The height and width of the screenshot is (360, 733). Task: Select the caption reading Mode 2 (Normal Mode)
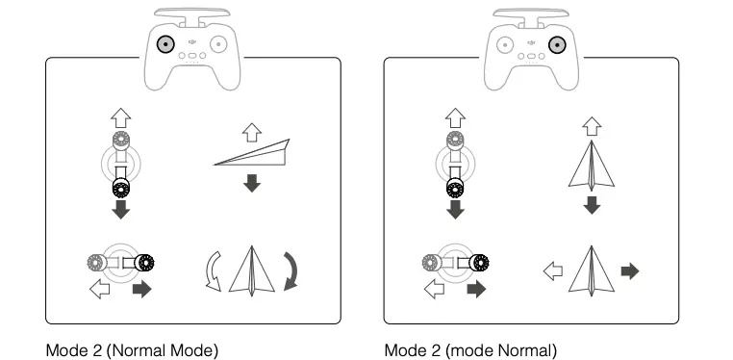tap(133, 349)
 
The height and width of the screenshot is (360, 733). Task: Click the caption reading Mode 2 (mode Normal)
tap(470, 349)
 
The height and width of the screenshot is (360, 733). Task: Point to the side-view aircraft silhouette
tap(253, 153)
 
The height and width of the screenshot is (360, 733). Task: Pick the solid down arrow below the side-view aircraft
tap(252, 182)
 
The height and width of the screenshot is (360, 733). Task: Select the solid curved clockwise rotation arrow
tap(291, 269)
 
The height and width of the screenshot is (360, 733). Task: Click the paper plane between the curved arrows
tap(253, 270)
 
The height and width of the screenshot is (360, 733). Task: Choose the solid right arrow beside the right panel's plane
tap(630, 271)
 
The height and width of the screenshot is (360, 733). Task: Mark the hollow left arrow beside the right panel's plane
tap(552, 271)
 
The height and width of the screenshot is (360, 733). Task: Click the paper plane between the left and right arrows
tap(592, 270)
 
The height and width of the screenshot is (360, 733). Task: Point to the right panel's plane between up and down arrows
tap(591, 165)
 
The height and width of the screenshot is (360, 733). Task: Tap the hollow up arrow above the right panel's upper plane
tap(592, 125)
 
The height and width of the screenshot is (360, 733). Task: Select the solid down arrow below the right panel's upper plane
tap(592, 205)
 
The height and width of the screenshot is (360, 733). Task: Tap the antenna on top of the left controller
tap(192, 13)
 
